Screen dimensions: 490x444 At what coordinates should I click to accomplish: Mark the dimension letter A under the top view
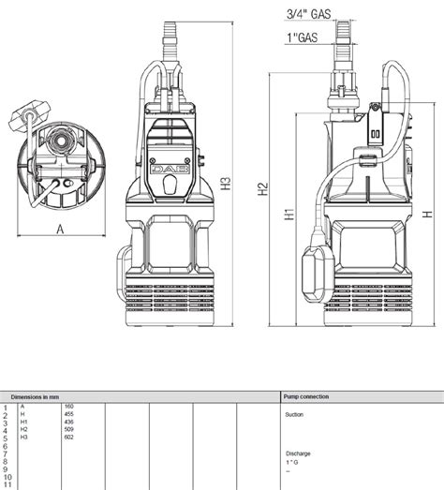point(60,228)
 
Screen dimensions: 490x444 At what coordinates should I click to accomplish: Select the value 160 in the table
point(69,406)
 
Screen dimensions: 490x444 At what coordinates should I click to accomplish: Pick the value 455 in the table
point(69,413)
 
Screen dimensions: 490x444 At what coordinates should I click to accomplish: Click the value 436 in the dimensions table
point(69,422)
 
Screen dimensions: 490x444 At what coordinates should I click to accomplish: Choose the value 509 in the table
point(69,429)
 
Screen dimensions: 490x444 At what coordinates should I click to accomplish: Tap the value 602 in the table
point(69,438)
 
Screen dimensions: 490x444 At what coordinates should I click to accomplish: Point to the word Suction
point(294,413)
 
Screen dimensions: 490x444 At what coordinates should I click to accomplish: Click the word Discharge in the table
point(298,453)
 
